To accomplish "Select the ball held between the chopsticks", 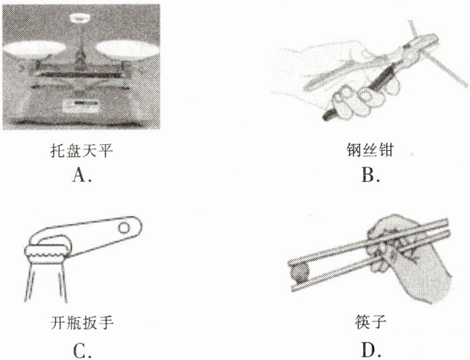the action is pos(300,272).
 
